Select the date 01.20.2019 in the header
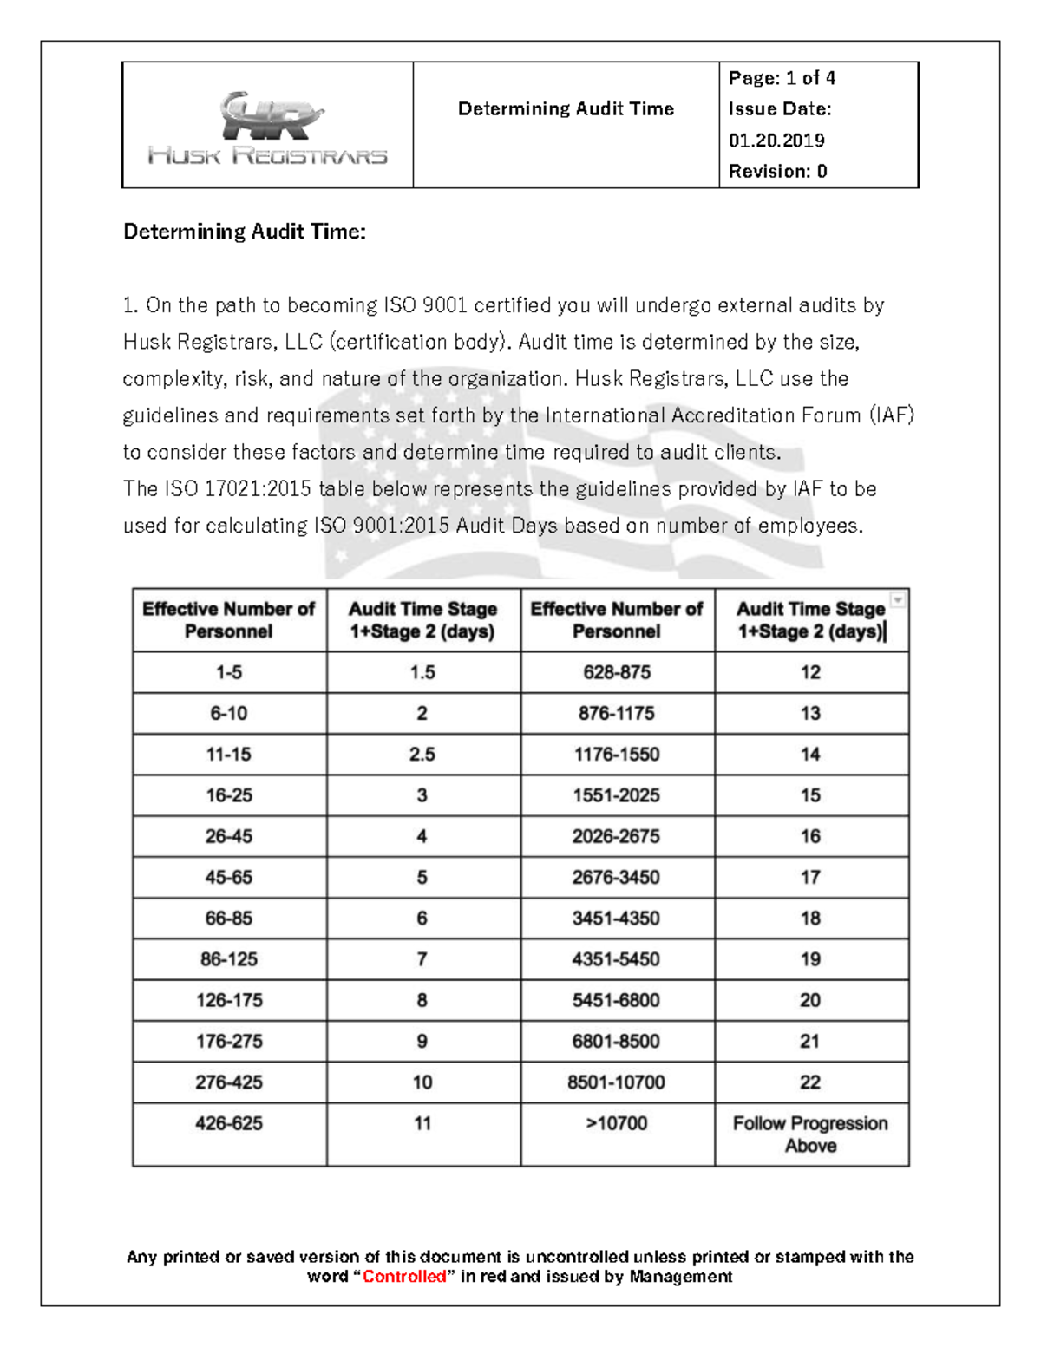click(x=776, y=141)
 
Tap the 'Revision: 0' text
click(x=777, y=172)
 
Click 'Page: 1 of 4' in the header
click(x=782, y=78)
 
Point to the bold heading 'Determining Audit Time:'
click(x=245, y=232)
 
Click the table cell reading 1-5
click(x=229, y=672)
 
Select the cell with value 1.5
click(x=422, y=672)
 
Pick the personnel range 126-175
click(x=229, y=1000)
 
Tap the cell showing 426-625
click(x=229, y=1123)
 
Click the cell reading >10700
click(x=617, y=1123)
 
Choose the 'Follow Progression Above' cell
click(x=810, y=1134)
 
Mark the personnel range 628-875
click(x=617, y=672)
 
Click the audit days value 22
click(x=810, y=1082)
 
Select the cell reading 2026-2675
click(x=616, y=836)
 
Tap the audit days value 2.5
click(x=422, y=755)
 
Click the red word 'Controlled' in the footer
click(x=404, y=1277)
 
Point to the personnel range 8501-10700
click(x=616, y=1082)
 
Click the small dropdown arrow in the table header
click(x=898, y=599)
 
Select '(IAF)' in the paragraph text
click(x=892, y=415)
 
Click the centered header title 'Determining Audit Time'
click(x=566, y=109)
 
